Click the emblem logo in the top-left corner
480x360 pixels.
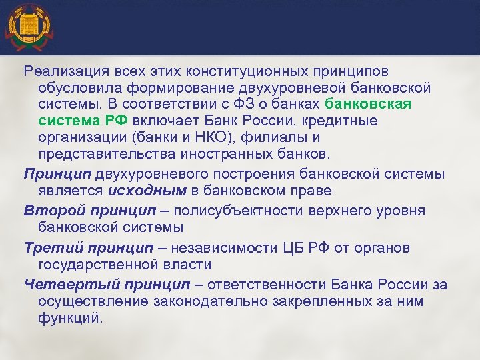(27, 28)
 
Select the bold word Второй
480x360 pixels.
(49, 211)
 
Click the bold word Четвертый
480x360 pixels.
(61, 285)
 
